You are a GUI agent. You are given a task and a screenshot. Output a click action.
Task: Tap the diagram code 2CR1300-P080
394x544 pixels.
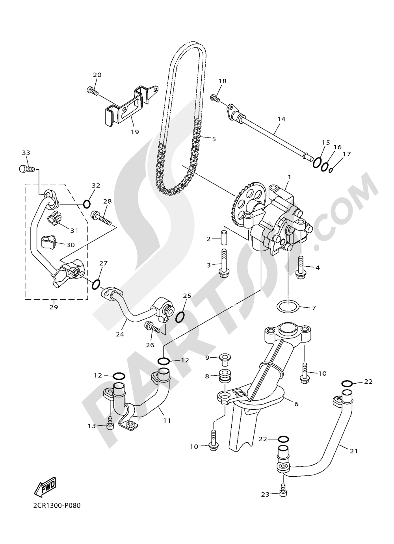click(x=54, y=505)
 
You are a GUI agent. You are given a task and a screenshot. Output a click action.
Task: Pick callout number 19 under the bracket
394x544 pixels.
click(x=135, y=132)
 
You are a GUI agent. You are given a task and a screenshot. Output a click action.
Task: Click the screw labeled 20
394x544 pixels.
click(x=92, y=90)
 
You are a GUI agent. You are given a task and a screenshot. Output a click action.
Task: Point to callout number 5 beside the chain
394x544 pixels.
click(x=214, y=139)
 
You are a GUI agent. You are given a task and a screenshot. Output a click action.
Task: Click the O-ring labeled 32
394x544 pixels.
click(x=87, y=204)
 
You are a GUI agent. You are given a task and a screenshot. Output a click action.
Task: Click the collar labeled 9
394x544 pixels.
click(x=225, y=358)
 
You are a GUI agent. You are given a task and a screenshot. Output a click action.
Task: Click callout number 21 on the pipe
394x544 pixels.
click(x=353, y=451)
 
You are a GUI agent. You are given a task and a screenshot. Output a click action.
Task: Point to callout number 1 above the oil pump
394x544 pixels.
click(x=289, y=178)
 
